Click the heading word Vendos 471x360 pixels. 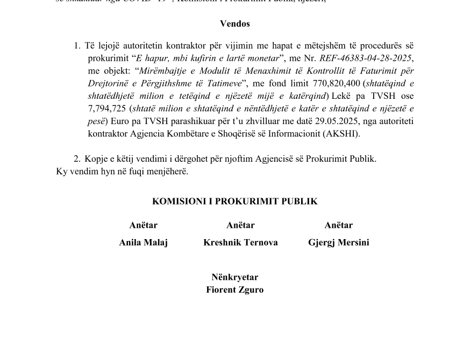tap(235, 24)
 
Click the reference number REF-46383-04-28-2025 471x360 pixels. tap(366, 58)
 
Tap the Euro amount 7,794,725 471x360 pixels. tap(108, 109)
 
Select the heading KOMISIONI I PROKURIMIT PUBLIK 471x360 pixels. tap(235, 201)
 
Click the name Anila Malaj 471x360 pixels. tap(144, 242)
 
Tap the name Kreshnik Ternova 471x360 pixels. tap(240, 242)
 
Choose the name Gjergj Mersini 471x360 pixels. tap(339, 242)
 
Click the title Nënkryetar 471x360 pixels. tap(235, 277)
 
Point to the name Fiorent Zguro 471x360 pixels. tap(235, 290)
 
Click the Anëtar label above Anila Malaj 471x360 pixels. tap(144, 225)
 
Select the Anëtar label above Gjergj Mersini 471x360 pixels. tap(339, 225)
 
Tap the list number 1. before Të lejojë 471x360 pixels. tap(77, 46)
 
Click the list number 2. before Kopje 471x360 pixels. tap(77, 159)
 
